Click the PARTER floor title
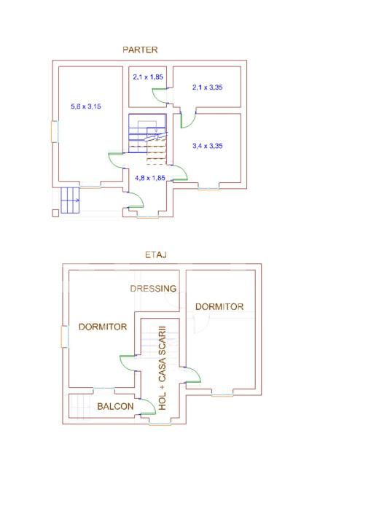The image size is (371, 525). click(x=140, y=50)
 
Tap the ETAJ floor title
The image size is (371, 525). click(x=156, y=254)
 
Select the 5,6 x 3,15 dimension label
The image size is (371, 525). click(x=86, y=106)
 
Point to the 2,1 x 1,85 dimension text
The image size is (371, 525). click(x=148, y=77)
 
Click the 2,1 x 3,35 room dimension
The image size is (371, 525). click(x=208, y=87)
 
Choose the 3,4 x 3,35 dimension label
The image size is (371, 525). click(x=208, y=146)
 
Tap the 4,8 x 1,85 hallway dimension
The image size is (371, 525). click(x=150, y=178)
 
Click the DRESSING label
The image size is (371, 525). click(x=153, y=288)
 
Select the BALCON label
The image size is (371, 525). click(x=115, y=406)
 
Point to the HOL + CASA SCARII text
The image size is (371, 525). click(x=163, y=367)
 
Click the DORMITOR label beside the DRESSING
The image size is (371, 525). click(x=219, y=307)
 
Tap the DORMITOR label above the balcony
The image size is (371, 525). click(x=103, y=327)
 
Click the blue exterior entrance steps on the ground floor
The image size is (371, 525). click(x=70, y=201)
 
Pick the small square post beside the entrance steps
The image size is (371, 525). click(x=55, y=213)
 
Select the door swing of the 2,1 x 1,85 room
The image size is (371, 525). click(x=160, y=96)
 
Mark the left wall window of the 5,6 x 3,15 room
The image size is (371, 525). click(x=55, y=131)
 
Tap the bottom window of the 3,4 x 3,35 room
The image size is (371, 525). click(x=209, y=189)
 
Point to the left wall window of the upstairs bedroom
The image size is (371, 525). click(x=65, y=336)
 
